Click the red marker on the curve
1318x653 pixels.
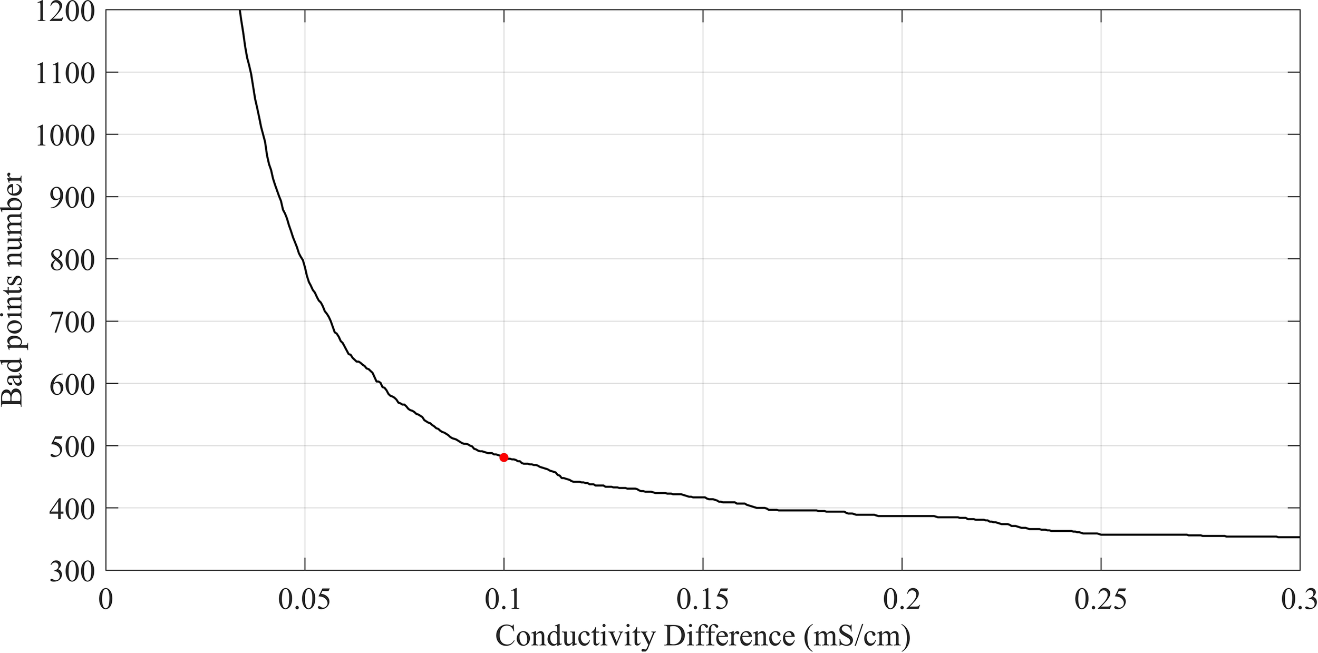point(503,457)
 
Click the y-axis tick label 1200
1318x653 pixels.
point(65,12)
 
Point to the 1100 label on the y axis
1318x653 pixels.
point(65,73)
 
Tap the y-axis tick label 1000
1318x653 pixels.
point(65,135)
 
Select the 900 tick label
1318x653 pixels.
point(72,198)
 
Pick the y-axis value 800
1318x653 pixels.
point(72,260)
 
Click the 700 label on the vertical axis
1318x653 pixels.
point(72,322)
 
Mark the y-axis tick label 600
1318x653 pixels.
point(72,384)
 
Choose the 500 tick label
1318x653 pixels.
point(72,446)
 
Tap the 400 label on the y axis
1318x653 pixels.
point(72,509)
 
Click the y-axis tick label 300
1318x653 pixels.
point(72,571)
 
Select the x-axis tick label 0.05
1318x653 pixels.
point(304,600)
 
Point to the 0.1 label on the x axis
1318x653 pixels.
point(503,600)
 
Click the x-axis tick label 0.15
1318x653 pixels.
point(702,600)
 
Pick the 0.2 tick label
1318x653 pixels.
point(902,600)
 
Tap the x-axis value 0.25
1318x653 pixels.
point(1100,600)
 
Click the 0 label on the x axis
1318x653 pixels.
point(106,600)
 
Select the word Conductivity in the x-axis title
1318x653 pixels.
point(575,636)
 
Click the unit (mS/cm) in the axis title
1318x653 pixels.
point(857,636)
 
